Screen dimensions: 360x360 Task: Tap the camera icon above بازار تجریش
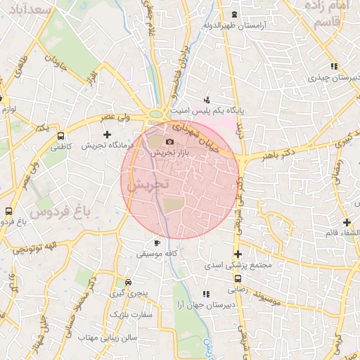[x=169, y=142]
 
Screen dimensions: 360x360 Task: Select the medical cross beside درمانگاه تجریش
[x=107, y=134]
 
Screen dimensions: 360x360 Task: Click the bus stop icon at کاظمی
[x=60, y=136]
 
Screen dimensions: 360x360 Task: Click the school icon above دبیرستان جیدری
[x=334, y=66]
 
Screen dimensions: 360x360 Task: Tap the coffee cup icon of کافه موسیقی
[x=156, y=243]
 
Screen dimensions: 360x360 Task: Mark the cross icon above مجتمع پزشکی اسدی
[x=238, y=254]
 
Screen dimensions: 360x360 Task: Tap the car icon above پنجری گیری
[x=127, y=279]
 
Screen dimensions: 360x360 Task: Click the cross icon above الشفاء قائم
[x=347, y=222]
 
